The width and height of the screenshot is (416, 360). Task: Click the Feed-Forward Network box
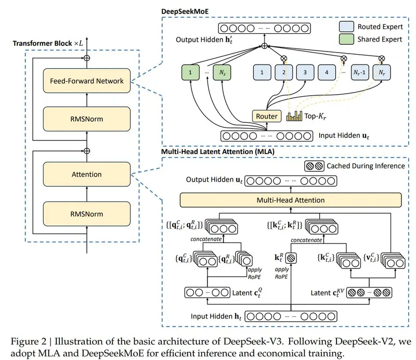87,81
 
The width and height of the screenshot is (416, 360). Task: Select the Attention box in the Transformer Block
87,174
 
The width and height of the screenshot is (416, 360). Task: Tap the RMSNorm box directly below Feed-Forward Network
87,119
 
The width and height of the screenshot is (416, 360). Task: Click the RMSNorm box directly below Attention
87,214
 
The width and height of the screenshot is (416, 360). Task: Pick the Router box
267,116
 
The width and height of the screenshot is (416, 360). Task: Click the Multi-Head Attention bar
291,200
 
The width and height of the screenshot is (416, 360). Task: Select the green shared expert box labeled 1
190,72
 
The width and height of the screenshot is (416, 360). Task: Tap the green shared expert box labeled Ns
222,72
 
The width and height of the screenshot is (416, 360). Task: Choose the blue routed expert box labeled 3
305,72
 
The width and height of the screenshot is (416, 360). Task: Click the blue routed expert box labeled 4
327,72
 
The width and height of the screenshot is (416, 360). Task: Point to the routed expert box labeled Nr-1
360,72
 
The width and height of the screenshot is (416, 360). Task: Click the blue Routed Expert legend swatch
346,27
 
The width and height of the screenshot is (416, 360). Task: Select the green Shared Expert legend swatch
346,39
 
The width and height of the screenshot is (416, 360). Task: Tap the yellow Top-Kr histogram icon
294,116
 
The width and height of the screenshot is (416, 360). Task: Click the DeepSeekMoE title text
185,11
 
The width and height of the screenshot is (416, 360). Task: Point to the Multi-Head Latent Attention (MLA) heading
218,151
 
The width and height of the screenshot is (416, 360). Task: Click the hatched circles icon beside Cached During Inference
314,166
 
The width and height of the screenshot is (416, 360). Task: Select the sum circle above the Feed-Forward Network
87,58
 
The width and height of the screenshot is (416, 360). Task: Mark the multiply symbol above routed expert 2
284,58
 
